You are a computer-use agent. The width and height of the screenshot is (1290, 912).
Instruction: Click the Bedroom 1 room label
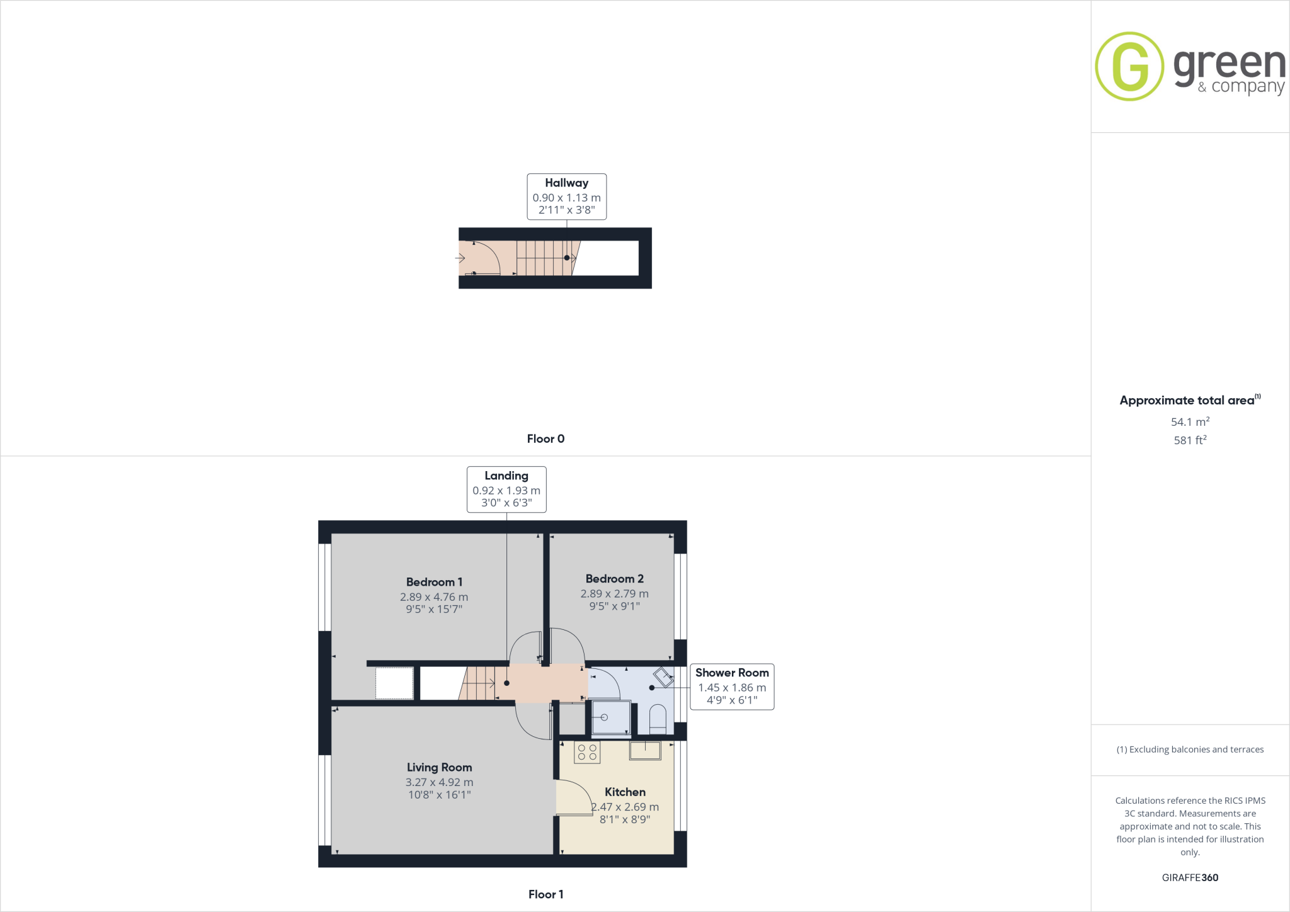tap(434, 582)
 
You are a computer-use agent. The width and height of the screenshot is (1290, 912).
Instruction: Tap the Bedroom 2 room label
tap(614, 579)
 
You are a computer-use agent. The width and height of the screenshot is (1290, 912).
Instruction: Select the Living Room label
tap(439, 767)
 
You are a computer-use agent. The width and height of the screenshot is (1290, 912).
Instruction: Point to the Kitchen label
tap(625, 792)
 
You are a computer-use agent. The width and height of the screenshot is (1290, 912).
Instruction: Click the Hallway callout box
tap(566, 197)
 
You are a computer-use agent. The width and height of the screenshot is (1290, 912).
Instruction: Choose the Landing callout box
tap(506, 489)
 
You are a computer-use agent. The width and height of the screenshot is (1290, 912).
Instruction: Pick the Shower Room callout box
tap(732, 687)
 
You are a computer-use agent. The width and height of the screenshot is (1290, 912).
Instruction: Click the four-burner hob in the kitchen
tap(587, 752)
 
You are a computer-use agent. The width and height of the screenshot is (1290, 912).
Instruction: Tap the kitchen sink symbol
tap(645, 750)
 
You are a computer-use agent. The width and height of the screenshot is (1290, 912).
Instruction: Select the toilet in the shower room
tap(658, 719)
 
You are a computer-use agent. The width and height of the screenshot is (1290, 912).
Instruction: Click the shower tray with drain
tap(610, 718)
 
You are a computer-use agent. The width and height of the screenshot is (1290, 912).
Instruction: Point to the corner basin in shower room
tap(663, 678)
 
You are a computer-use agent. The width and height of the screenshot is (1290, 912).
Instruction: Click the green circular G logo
tap(1129, 66)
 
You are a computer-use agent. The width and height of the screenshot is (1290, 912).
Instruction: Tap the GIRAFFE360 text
tap(1190, 877)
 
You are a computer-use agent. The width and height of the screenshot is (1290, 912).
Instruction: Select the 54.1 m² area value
tap(1190, 422)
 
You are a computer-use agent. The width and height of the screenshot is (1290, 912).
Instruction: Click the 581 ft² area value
tap(1190, 440)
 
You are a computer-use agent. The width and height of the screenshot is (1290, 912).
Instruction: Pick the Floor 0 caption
tap(545, 439)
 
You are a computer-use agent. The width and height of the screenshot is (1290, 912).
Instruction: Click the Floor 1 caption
tap(545, 894)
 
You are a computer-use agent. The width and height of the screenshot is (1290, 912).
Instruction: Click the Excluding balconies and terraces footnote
tap(1190, 750)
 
